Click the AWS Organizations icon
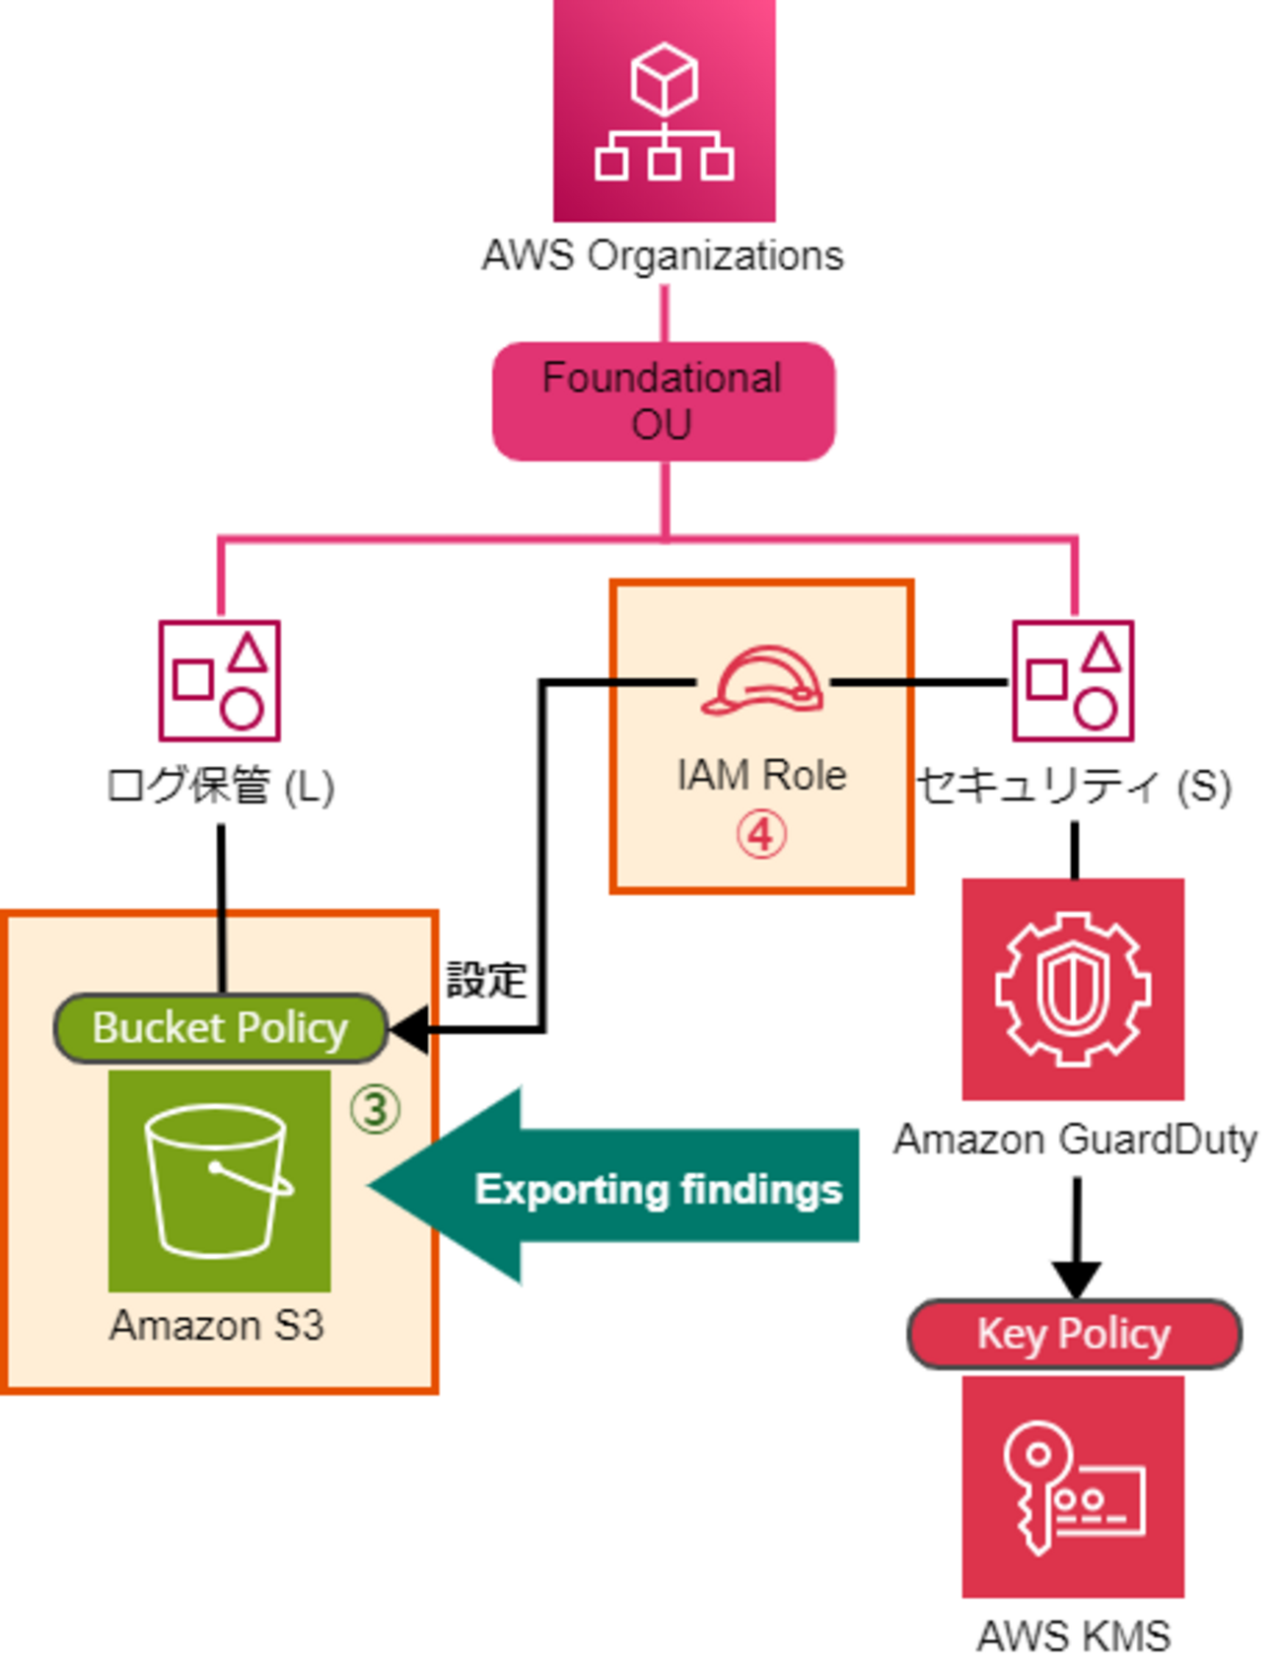(x=664, y=110)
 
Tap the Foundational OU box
(x=664, y=401)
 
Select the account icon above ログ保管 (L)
(x=220, y=680)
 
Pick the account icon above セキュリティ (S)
(x=1073, y=680)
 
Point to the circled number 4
(x=761, y=835)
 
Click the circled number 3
(x=375, y=1109)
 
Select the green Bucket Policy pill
(x=220, y=1028)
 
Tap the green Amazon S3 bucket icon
(x=219, y=1181)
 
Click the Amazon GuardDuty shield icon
(x=1073, y=989)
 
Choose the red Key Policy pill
(x=1074, y=1334)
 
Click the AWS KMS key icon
(x=1073, y=1487)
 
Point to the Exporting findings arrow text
(x=658, y=1189)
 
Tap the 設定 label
(x=486, y=981)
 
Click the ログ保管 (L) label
(x=220, y=787)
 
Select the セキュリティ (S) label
(x=1074, y=787)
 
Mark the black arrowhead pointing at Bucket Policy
(x=408, y=1030)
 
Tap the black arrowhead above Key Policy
(x=1076, y=1280)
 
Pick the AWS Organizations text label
(x=663, y=256)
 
